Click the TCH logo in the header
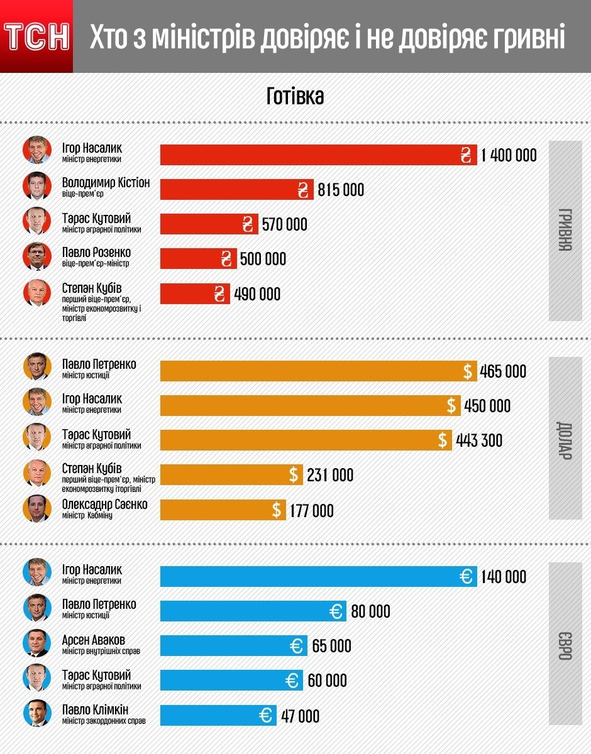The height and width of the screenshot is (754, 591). (36, 37)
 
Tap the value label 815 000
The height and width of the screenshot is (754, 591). (341, 190)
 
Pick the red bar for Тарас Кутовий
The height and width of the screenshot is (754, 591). (209, 224)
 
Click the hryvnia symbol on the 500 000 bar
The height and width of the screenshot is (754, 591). (227, 259)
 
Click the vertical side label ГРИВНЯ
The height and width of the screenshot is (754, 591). (565, 231)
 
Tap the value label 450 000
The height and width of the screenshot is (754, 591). (487, 406)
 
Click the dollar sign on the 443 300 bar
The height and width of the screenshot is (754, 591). (443, 440)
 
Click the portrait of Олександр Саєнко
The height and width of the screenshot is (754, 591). (36, 508)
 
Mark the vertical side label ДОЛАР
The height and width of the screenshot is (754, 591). (565, 439)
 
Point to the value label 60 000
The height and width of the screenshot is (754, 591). (327, 680)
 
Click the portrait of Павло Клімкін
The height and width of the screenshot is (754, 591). (36, 714)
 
